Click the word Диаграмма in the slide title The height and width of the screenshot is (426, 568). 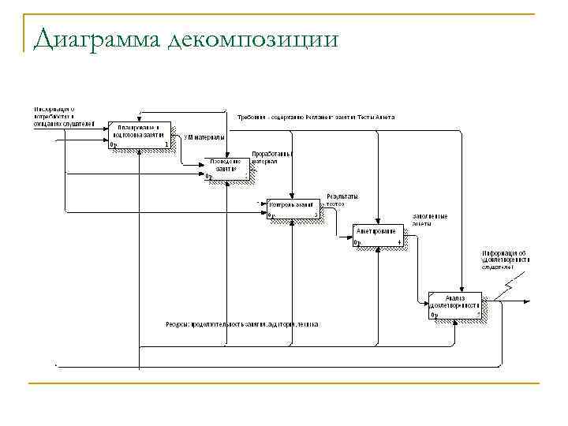pyautogui.click(x=95, y=37)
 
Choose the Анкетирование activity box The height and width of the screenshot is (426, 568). pyautogui.click(x=378, y=235)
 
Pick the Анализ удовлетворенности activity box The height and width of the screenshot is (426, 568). pyautogui.click(x=455, y=304)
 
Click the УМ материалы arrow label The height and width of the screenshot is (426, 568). pyautogui.click(x=204, y=137)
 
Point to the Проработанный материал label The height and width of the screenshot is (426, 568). pyautogui.click(x=272, y=157)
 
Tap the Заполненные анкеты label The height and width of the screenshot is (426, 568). pyautogui.click(x=430, y=219)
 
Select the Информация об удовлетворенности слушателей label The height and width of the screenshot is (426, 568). pyautogui.click(x=506, y=260)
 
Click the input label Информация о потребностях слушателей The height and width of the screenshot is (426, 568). pyautogui.click(x=62, y=116)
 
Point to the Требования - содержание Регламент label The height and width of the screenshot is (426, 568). pyautogui.click(x=316, y=117)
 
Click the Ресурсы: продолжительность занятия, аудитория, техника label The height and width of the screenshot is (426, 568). pyautogui.click(x=242, y=324)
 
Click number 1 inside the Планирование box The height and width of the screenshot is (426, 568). pyautogui.click(x=166, y=144)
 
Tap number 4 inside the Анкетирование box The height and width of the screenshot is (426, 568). pyautogui.click(x=399, y=241)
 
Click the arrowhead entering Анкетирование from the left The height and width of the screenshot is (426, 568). pyautogui.click(x=350, y=235)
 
